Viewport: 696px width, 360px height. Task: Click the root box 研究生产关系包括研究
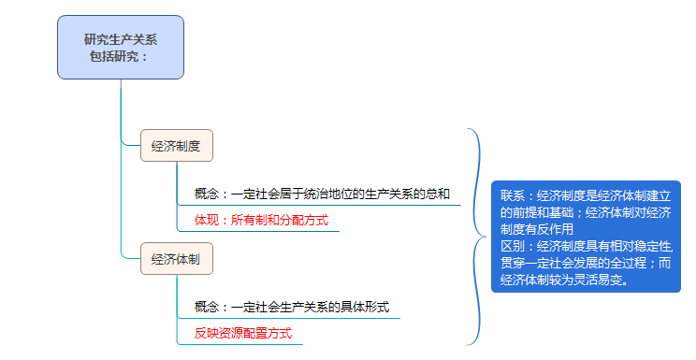click(121, 47)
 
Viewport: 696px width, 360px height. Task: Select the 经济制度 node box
click(177, 146)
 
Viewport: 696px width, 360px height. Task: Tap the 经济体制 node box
click(177, 259)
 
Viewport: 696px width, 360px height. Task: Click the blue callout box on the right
click(586, 237)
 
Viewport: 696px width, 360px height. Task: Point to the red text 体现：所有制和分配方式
click(261, 222)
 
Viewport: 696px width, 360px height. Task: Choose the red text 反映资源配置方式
click(242, 333)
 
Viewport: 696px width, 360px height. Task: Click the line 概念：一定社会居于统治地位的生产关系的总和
click(322, 194)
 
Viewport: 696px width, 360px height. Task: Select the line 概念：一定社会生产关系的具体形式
click(291, 307)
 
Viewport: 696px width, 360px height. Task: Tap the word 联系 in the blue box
click(514, 196)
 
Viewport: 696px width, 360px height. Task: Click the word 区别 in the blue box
click(514, 247)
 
